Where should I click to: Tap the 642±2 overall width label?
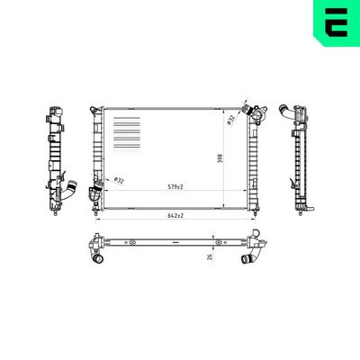click(176, 216)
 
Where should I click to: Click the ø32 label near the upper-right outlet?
click(230, 120)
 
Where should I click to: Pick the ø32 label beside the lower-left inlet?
click(119, 181)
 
